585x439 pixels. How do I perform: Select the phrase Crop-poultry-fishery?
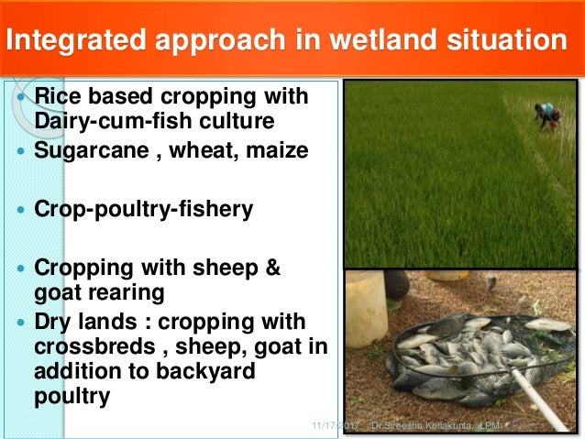click(x=142, y=209)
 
